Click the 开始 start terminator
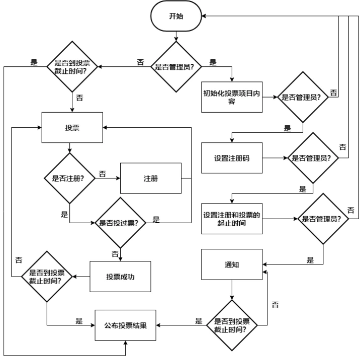(x=176, y=16)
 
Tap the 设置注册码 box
(x=231, y=158)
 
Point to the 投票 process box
(x=71, y=128)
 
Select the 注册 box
(x=150, y=178)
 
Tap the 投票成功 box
(x=120, y=277)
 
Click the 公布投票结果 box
(x=126, y=324)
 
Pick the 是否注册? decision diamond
(x=70, y=178)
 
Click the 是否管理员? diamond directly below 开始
(x=176, y=65)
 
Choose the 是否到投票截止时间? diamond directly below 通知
(x=232, y=325)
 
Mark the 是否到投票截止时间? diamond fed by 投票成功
(x=47, y=276)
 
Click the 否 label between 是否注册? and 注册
(x=102, y=173)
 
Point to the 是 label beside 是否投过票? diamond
(x=156, y=219)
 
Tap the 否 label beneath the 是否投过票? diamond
(x=115, y=253)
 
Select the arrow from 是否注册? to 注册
(x=107, y=178)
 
